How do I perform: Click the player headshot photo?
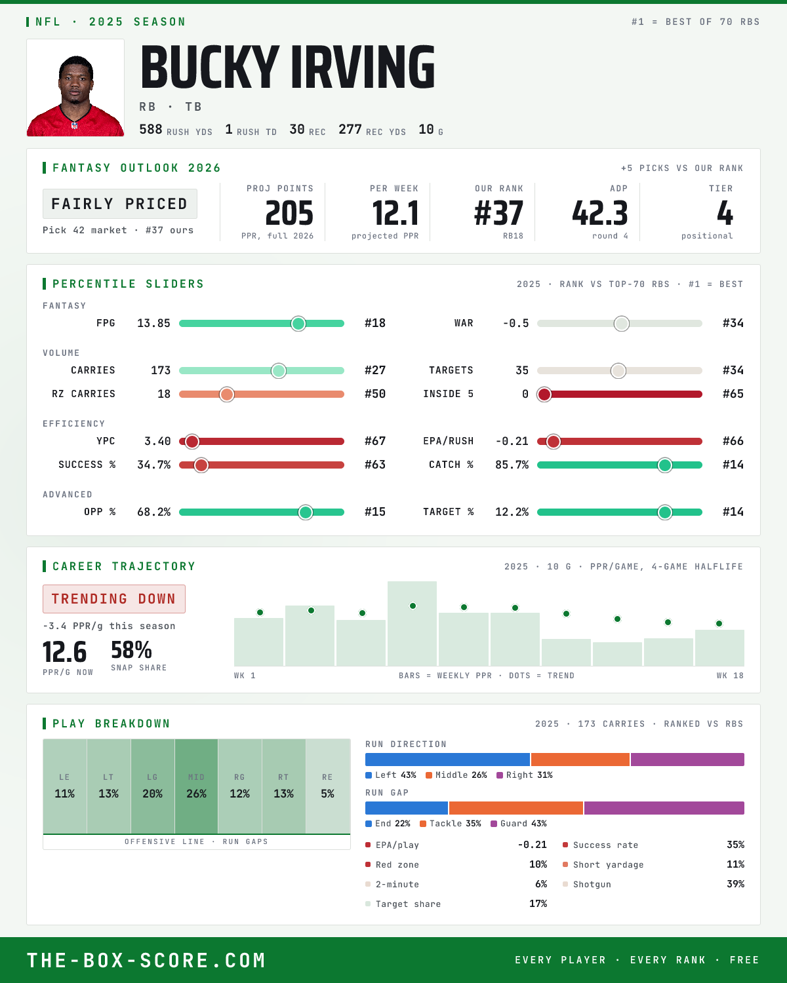pos(75,88)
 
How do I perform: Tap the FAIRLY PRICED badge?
pos(120,204)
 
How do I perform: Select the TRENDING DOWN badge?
pos(114,599)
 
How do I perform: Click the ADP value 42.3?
pos(600,214)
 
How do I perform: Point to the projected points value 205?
pos(289,214)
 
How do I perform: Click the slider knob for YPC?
pos(192,441)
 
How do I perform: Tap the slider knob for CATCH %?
pos(665,465)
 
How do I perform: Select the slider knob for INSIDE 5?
pos(544,395)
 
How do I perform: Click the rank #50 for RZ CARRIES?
pos(375,394)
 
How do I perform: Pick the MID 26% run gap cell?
pos(196,786)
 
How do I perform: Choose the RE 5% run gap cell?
pos(328,786)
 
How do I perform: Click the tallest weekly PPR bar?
pos(412,623)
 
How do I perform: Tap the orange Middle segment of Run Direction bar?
pos(580,760)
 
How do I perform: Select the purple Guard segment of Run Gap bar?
pos(664,808)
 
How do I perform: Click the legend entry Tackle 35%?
pos(451,824)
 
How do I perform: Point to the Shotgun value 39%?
pos(735,884)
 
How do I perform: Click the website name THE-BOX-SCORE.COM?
pos(146,960)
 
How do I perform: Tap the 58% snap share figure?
pos(132,650)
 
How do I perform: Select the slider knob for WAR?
pos(622,323)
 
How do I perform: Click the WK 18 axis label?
pos(730,676)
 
